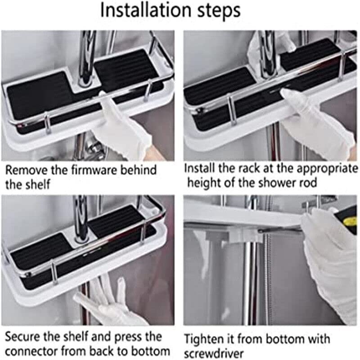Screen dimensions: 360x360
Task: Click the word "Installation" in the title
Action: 146,10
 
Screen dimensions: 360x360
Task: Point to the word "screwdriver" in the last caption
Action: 214,354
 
